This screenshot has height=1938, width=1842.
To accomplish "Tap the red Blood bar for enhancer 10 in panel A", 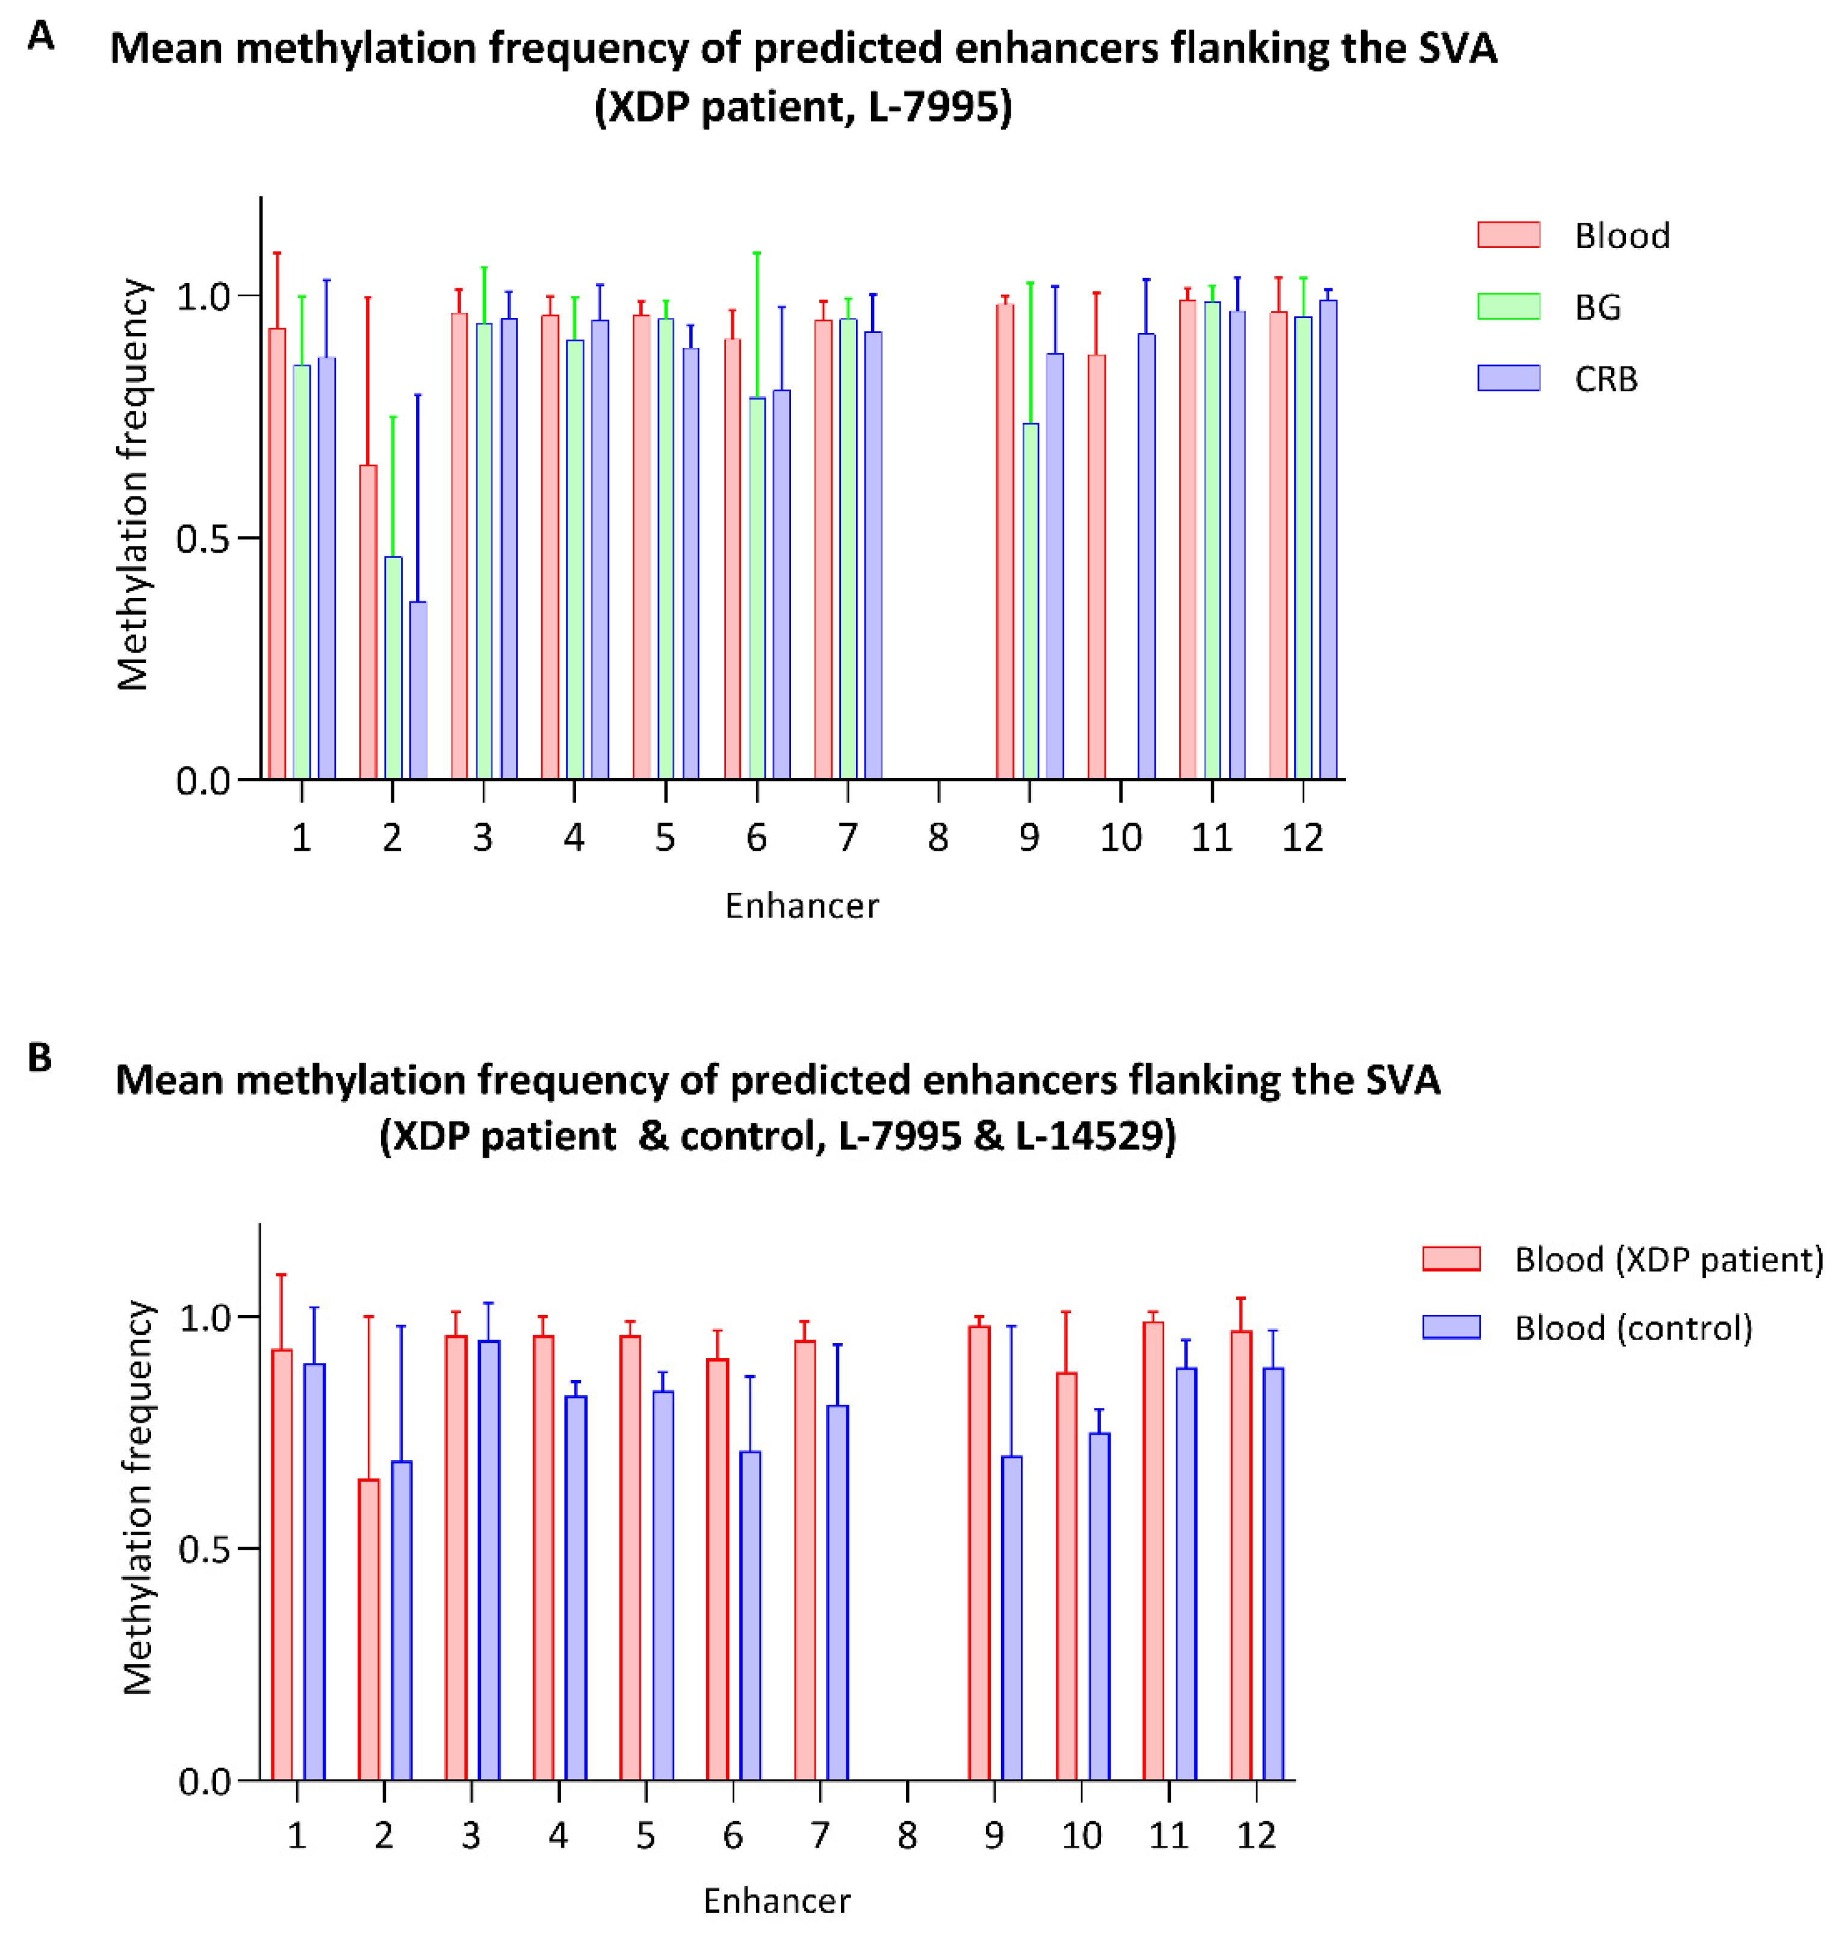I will pyautogui.click(x=1097, y=568).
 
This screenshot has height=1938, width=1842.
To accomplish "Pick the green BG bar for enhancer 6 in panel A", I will pyautogui.click(x=757, y=589).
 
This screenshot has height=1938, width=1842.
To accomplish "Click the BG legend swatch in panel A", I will pyautogui.click(x=1508, y=306).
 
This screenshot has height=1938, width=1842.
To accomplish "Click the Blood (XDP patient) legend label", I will pyautogui.click(x=1668, y=1259).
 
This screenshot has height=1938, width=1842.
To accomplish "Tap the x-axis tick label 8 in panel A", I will pyautogui.click(x=938, y=837).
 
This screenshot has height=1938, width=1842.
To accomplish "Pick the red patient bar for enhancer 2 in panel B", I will pyautogui.click(x=368, y=1630).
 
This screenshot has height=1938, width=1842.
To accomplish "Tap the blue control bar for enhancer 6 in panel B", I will pyautogui.click(x=750, y=1615).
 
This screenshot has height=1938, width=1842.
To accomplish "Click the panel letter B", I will pyautogui.click(x=39, y=1057).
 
